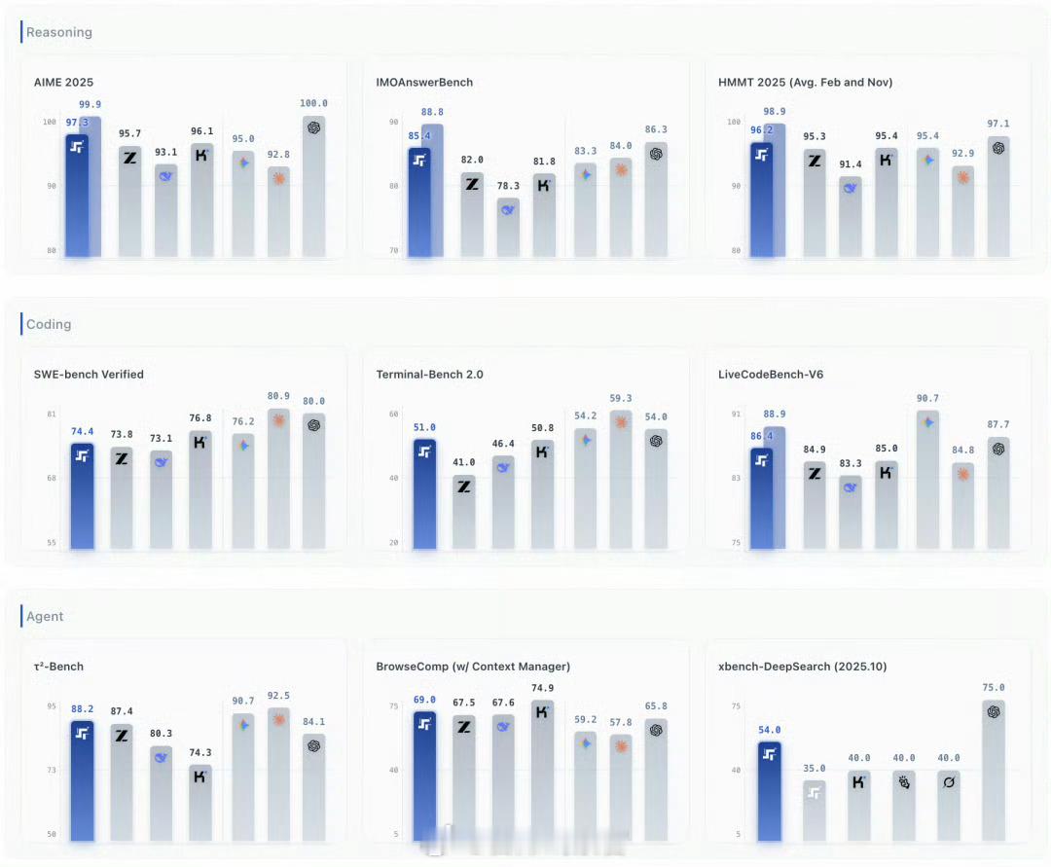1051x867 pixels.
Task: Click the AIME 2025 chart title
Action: coord(63,83)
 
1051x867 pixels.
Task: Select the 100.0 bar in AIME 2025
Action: coord(313,185)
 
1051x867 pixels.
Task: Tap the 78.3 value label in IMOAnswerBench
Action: coord(508,186)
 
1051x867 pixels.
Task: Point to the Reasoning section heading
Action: coord(59,32)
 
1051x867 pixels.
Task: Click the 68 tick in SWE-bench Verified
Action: coord(52,478)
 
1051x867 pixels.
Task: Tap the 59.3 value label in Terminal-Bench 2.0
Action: coord(620,398)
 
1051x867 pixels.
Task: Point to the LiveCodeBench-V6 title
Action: coord(773,375)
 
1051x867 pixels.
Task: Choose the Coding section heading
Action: coord(49,324)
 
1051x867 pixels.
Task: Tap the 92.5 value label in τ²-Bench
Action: coord(278,696)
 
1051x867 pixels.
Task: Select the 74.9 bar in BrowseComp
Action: coord(543,770)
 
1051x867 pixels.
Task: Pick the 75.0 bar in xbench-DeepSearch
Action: coord(994,770)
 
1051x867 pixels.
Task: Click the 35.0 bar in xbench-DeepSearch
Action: coord(815,810)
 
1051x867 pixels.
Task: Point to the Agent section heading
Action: coord(46,616)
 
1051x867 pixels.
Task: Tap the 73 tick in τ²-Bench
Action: coord(52,770)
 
